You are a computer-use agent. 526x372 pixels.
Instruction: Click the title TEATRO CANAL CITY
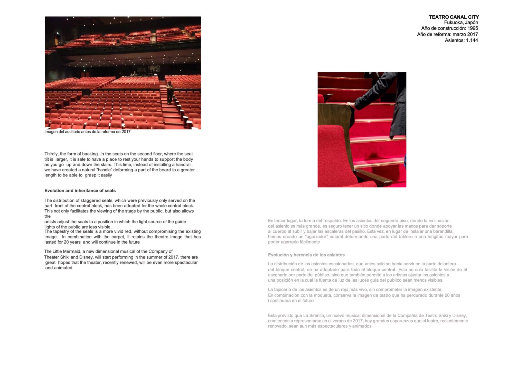(454, 17)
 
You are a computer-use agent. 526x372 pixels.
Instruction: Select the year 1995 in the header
(473, 28)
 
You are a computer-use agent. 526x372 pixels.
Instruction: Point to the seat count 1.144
(472, 40)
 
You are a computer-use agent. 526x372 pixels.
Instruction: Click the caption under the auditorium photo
(87, 132)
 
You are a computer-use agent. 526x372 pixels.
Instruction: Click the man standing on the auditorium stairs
(169, 92)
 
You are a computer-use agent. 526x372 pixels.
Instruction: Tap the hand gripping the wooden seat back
(351, 105)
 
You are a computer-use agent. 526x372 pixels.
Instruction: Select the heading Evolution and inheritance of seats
(80, 191)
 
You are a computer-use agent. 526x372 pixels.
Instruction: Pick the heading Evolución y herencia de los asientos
(306, 255)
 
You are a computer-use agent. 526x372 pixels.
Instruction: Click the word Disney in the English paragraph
(87, 257)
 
